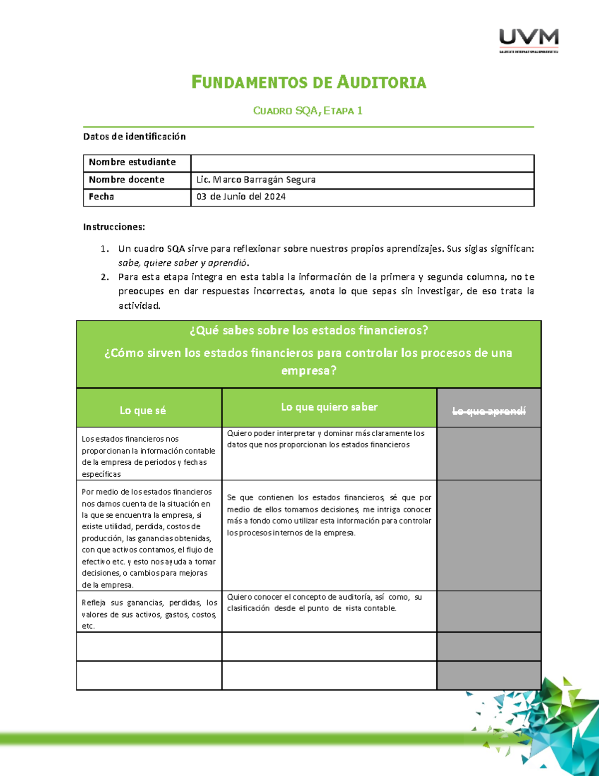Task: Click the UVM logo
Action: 529,40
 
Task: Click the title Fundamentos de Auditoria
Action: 308,82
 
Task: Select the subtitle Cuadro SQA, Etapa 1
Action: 307,111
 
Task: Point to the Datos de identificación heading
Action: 134,136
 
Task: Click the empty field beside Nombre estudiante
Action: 362,163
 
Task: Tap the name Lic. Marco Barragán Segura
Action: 256,179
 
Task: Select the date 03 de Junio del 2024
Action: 241,196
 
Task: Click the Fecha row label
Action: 101,196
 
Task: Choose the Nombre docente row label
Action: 126,179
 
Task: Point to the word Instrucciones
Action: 114,227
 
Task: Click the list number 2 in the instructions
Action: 104,277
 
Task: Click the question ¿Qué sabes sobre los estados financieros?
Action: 308,330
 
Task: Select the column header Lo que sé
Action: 143,410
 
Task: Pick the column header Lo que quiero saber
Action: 329,407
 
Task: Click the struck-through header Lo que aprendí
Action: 489,411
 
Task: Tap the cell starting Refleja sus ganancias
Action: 149,614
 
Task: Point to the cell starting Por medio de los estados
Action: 149,538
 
